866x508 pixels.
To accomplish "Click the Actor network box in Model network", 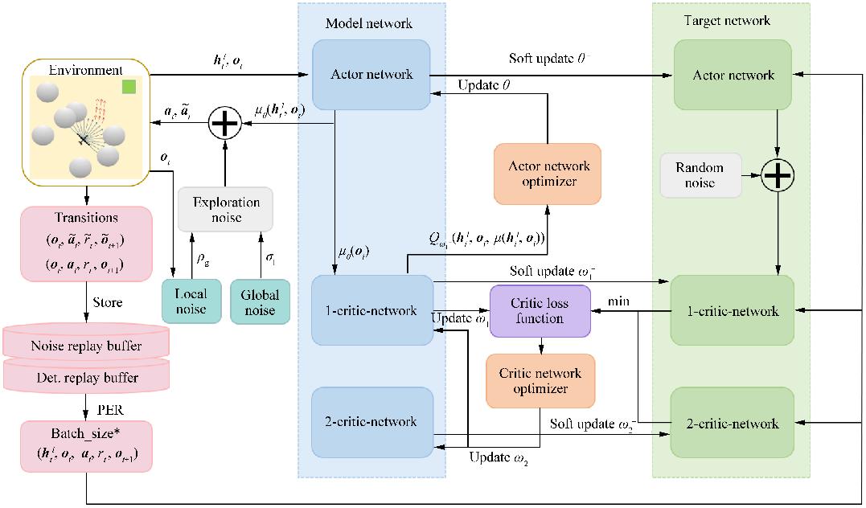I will [x=371, y=75].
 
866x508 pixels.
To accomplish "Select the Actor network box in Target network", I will [x=733, y=75].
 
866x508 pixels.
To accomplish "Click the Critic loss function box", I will [x=540, y=311].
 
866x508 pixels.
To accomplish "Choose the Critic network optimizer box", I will [x=540, y=381].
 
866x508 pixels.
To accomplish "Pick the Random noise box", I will [x=700, y=175].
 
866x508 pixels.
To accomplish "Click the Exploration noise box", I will [x=225, y=209].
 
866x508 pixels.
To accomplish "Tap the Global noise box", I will [x=259, y=302].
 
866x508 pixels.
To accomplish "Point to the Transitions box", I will [x=84, y=244].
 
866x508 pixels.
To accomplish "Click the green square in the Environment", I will [x=129, y=86].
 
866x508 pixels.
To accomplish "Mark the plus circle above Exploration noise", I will [x=225, y=125].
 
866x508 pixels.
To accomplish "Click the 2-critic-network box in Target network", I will [x=733, y=424].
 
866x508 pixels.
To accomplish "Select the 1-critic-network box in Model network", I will [x=371, y=310].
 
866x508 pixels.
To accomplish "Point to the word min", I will [x=618, y=300].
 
